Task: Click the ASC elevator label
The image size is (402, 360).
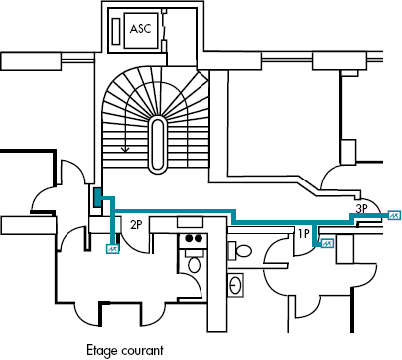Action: click(141, 30)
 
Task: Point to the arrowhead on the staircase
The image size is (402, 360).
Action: click(124, 150)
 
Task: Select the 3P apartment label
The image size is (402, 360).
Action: click(363, 208)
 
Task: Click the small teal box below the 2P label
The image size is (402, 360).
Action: click(111, 250)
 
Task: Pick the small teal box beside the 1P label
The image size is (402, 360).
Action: click(327, 241)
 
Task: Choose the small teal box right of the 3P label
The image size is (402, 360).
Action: click(393, 214)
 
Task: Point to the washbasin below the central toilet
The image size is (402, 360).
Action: click(237, 285)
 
